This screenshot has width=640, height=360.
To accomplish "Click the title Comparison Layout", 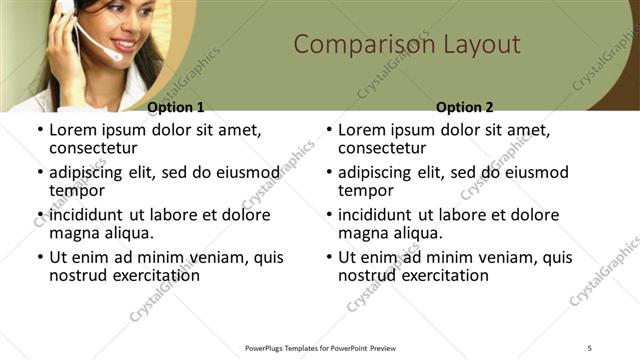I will [406, 45].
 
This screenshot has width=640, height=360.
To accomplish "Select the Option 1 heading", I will [176, 107].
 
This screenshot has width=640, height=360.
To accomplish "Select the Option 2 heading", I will [465, 107].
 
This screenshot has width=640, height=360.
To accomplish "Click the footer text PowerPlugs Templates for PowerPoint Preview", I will [321, 347].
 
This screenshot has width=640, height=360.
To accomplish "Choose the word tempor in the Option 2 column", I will [365, 191].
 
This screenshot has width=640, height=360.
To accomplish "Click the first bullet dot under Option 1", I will [40, 131].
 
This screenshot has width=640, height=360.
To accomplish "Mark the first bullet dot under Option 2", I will [329, 131].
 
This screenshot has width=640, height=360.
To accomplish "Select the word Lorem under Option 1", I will [73, 130].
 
